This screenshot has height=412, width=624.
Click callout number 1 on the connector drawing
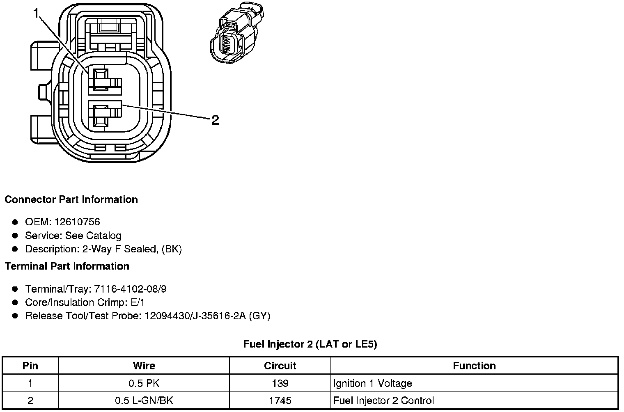(37, 14)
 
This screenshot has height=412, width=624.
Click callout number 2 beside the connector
(215, 120)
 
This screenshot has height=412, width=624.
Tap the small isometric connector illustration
(236, 35)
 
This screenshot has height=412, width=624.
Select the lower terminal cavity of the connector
(101, 115)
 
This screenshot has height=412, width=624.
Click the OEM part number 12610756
(77, 222)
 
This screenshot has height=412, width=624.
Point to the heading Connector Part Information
(71, 199)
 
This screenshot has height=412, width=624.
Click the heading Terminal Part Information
(67, 266)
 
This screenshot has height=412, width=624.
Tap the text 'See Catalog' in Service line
(93, 236)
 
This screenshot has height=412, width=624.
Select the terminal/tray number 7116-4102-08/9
(130, 289)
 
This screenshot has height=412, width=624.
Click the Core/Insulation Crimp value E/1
(137, 302)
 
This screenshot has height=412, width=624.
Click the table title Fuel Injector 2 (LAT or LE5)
(310, 344)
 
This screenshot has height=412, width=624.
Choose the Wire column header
(144, 366)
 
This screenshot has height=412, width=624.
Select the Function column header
(474, 366)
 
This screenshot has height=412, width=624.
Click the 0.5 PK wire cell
(144, 383)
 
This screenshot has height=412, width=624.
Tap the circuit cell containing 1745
(280, 401)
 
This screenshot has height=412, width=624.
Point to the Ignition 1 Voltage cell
(373, 383)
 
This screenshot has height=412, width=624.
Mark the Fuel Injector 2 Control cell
(383, 401)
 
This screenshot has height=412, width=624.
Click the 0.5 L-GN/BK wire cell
(144, 401)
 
